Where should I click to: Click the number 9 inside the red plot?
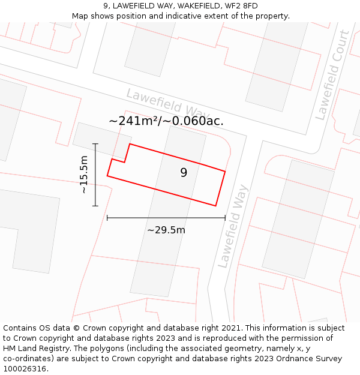pyautogui.click(x=184, y=173)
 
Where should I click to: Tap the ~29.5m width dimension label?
pyautogui.click(x=166, y=230)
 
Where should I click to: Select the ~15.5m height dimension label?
pyautogui.click(x=84, y=175)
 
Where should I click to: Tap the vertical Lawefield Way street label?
pyautogui.click(x=233, y=226)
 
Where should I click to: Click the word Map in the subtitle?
pyautogui.click(x=80, y=16)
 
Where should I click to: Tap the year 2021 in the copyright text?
pyautogui.click(x=229, y=328)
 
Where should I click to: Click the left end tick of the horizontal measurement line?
pyautogui.click(x=107, y=218)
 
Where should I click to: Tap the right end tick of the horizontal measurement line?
pyautogui.click(x=225, y=218)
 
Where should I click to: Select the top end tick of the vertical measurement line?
pyautogui.click(x=95, y=144)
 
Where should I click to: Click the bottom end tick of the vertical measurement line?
pyautogui.click(x=95, y=206)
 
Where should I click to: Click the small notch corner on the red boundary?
pyautogui.click(x=125, y=162)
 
